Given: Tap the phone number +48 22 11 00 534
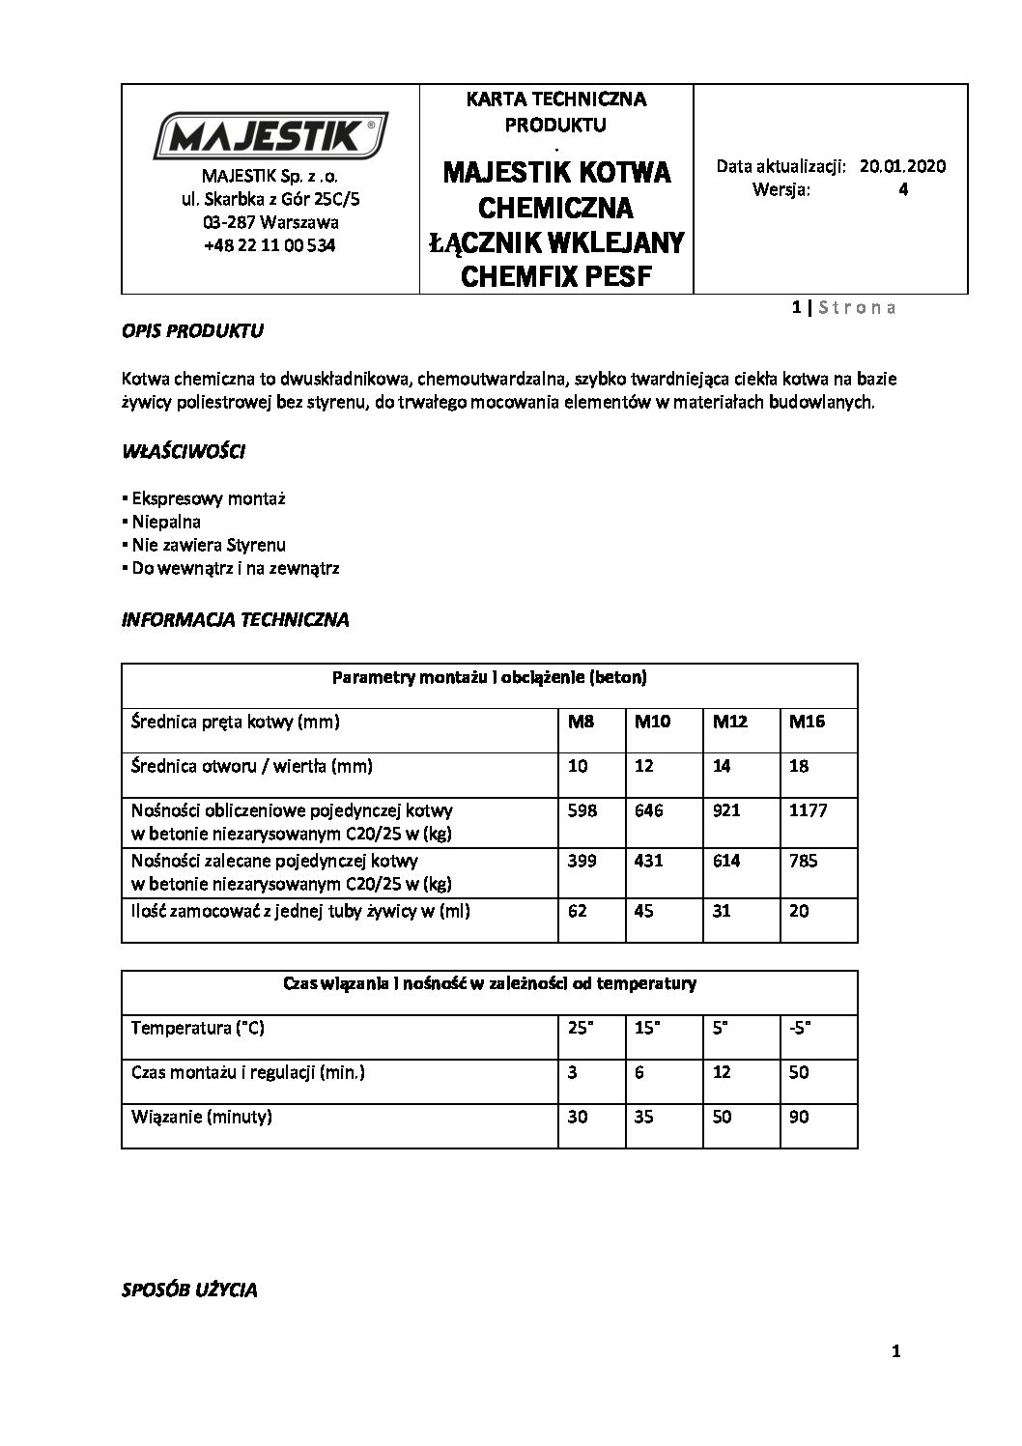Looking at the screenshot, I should point(270,246).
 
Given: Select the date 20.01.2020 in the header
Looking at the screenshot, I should point(902,166).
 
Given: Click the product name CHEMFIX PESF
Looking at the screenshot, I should point(556,277).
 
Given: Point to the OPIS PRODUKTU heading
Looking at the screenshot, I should point(192,331).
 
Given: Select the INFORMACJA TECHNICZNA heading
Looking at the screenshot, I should point(235,620).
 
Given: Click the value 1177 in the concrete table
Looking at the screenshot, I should point(808,810).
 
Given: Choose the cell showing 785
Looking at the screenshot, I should point(803,861).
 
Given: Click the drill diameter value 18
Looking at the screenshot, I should point(799,766).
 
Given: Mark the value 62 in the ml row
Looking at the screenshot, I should point(578,911).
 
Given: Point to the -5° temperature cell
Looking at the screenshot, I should point(800,1028).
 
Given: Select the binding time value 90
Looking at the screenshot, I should point(799,1117).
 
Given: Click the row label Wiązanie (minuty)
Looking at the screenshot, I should point(202,1117).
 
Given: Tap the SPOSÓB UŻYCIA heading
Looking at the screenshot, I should point(189,1290).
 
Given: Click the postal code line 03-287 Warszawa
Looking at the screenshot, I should point(270,222).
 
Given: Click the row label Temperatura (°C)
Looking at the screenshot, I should point(198,1028).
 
